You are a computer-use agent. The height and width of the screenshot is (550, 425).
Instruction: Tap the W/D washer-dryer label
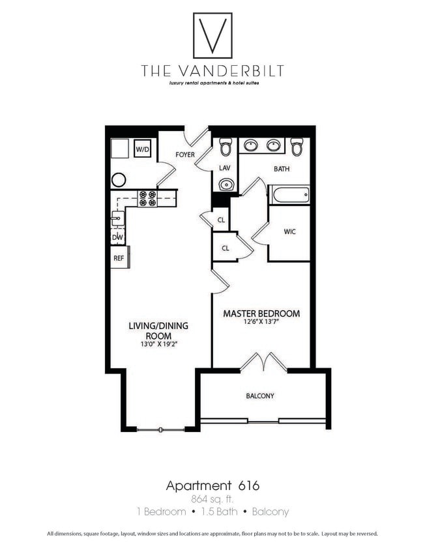point(142,150)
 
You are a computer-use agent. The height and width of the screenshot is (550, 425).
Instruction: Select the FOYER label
point(186,154)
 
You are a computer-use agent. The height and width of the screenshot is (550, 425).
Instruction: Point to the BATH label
point(282,169)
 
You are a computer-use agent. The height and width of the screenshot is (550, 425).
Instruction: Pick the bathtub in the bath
point(289,194)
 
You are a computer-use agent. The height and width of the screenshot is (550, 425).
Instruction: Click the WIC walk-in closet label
point(290,231)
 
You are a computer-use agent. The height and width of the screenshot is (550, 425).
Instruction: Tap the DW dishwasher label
point(118,237)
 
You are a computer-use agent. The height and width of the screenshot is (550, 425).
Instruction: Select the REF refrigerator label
point(119,258)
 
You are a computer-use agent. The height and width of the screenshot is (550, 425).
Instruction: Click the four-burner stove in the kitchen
point(147,197)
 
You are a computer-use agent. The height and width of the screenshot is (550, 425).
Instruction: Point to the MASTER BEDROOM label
point(261,313)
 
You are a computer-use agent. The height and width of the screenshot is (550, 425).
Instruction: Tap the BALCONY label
point(260,396)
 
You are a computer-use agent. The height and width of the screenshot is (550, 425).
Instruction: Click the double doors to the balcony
point(263,362)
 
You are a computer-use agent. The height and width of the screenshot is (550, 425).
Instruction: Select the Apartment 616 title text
point(212,485)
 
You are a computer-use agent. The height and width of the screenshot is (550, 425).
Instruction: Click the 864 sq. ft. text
point(212,500)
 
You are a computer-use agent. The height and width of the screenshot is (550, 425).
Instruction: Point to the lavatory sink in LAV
point(226,185)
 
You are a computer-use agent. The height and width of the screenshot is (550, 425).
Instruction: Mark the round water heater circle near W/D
point(119,180)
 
